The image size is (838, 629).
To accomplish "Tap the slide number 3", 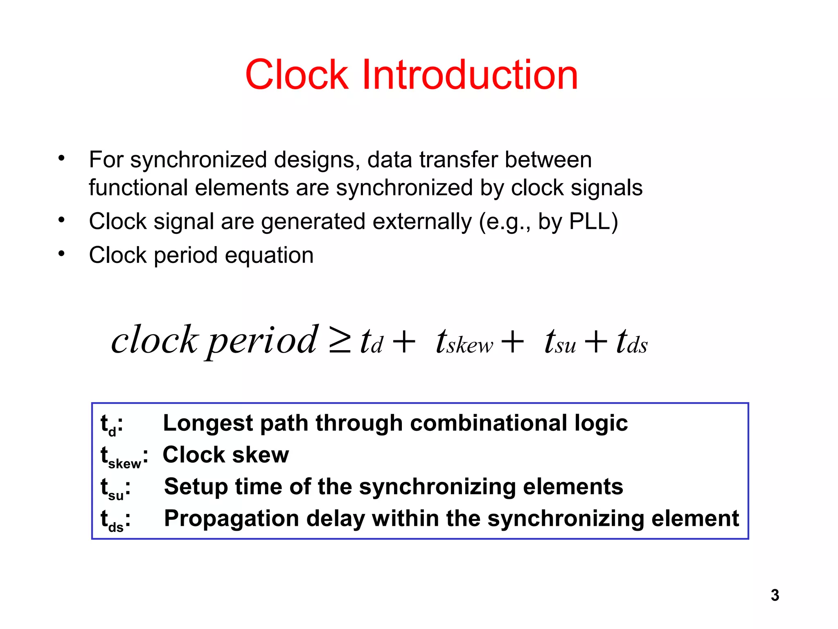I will point(775,595).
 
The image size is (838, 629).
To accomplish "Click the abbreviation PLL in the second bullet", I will point(589,222).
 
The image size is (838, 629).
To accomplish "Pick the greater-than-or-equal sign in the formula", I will point(340,342).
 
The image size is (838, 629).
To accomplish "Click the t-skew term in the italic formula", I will point(464,342).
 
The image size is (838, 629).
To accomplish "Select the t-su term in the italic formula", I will point(560,342).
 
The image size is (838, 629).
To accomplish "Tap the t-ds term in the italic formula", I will point(632,342).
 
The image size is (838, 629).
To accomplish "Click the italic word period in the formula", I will point(262,341).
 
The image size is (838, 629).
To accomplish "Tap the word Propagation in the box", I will point(232,519).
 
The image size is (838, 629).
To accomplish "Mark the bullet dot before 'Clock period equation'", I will point(61,254).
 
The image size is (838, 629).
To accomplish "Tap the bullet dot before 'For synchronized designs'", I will point(61,158).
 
